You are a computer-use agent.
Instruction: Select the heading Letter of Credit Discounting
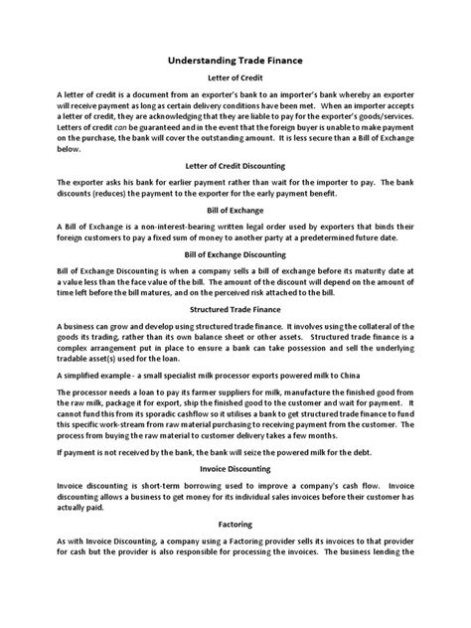coord(235,166)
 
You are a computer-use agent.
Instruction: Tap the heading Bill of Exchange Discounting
coord(235,254)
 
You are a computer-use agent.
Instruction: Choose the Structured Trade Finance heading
coord(235,310)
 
